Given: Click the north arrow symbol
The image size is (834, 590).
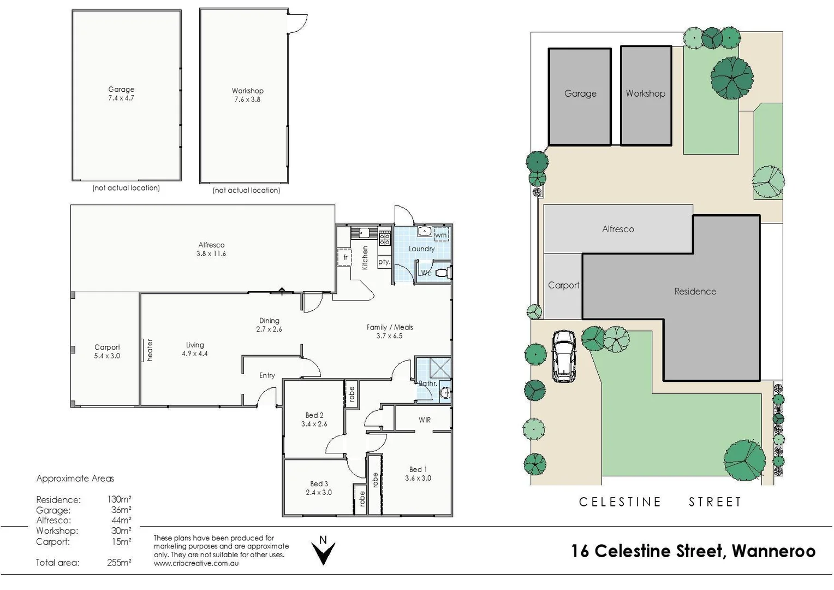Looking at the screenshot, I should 323,551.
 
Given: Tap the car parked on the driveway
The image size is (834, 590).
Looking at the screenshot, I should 564,356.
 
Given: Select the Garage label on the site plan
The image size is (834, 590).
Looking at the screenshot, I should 580,93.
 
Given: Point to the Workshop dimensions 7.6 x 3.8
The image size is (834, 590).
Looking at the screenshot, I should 247,99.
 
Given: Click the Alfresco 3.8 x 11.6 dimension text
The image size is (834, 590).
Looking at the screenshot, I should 211,254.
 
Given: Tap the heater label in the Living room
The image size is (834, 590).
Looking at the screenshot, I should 150,350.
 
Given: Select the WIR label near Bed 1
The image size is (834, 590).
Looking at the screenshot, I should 425,420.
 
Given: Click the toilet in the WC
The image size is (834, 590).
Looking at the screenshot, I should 443,273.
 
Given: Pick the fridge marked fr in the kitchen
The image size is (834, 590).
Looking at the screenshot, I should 345,257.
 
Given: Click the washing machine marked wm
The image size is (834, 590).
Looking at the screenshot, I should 440,235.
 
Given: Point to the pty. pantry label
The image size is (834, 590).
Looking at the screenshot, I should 384,262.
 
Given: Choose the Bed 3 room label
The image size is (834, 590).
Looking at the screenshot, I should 319,483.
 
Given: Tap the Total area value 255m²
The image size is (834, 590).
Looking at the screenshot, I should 119,563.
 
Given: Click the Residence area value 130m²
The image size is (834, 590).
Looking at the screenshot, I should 119,499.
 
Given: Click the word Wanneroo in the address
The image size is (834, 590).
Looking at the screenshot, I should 773,551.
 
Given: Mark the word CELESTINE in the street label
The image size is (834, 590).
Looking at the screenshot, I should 620,502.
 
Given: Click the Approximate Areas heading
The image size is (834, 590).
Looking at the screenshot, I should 75,479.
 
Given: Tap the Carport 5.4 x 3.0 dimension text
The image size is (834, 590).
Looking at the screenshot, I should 107,356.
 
